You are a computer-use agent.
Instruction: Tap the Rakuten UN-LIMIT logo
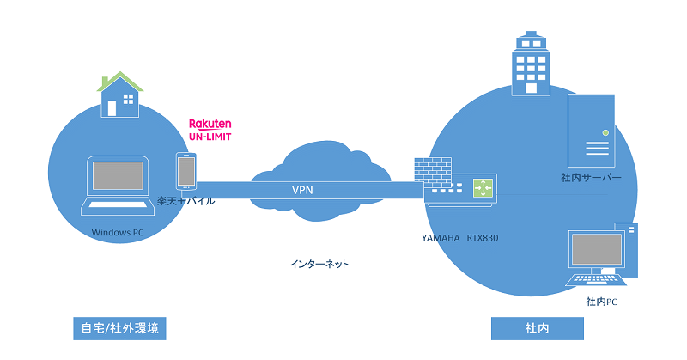coord(210,130)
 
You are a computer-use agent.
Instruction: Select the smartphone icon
coord(185,171)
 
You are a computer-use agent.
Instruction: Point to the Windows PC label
coord(119,232)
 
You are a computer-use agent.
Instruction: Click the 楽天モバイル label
coord(185,201)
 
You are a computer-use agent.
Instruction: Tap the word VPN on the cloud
coord(302,190)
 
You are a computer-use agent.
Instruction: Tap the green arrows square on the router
coord(482,187)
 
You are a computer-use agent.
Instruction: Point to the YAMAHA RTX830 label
coord(459,236)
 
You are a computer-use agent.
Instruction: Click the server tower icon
coord(592,130)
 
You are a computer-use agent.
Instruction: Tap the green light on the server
coord(605,132)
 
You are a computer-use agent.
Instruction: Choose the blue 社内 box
coord(537,328)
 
